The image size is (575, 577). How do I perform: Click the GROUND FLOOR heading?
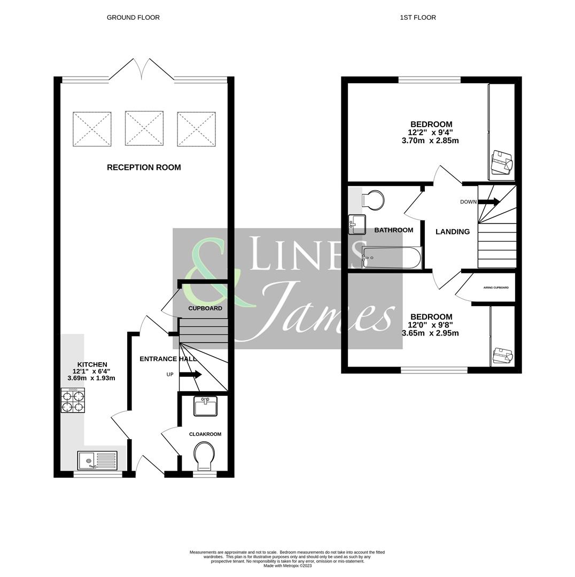(133, 18)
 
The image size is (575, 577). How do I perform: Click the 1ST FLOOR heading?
(417, 18)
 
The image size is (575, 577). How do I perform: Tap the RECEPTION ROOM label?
(144, 167)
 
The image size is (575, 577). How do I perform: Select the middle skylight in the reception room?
(144, 128)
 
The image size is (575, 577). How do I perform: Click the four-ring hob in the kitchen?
(73, 400)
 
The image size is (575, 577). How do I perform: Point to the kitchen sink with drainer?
(97, 460)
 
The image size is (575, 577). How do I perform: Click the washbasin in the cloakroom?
(206, 407)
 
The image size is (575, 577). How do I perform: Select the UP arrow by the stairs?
(190, 375)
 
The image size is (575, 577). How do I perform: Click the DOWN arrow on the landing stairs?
(488, 202)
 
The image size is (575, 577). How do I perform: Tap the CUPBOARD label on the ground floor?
(205, 308)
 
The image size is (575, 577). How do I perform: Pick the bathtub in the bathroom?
(392, 258)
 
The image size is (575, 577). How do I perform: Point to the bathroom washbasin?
(357, 224)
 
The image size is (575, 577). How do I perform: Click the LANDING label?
(453, 232)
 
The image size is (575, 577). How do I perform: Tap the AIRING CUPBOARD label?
(495, 288)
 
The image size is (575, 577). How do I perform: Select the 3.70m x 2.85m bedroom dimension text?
(430, 141)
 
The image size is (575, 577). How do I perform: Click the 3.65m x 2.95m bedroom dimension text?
(430, 333)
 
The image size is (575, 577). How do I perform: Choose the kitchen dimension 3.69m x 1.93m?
(91, 378)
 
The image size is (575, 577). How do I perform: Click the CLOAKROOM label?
(205, 434)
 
